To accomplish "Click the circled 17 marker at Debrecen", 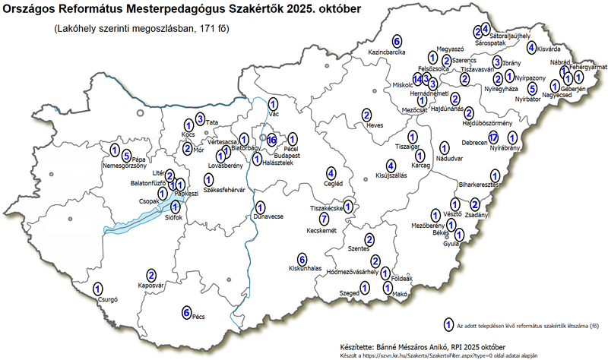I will point(493,137).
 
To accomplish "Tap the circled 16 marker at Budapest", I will point(272,139).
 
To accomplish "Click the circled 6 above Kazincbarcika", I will point(397,40).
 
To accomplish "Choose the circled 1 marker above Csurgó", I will point(97,289).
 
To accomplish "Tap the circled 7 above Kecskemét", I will point(324,219).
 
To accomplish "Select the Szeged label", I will point(349,292).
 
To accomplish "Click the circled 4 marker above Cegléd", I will point(331,172).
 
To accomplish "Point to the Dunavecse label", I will point(268,216).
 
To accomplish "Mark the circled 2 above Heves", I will point(367,114).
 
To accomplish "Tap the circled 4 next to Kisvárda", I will point(532,46).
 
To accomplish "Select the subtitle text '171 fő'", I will point(211,30).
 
